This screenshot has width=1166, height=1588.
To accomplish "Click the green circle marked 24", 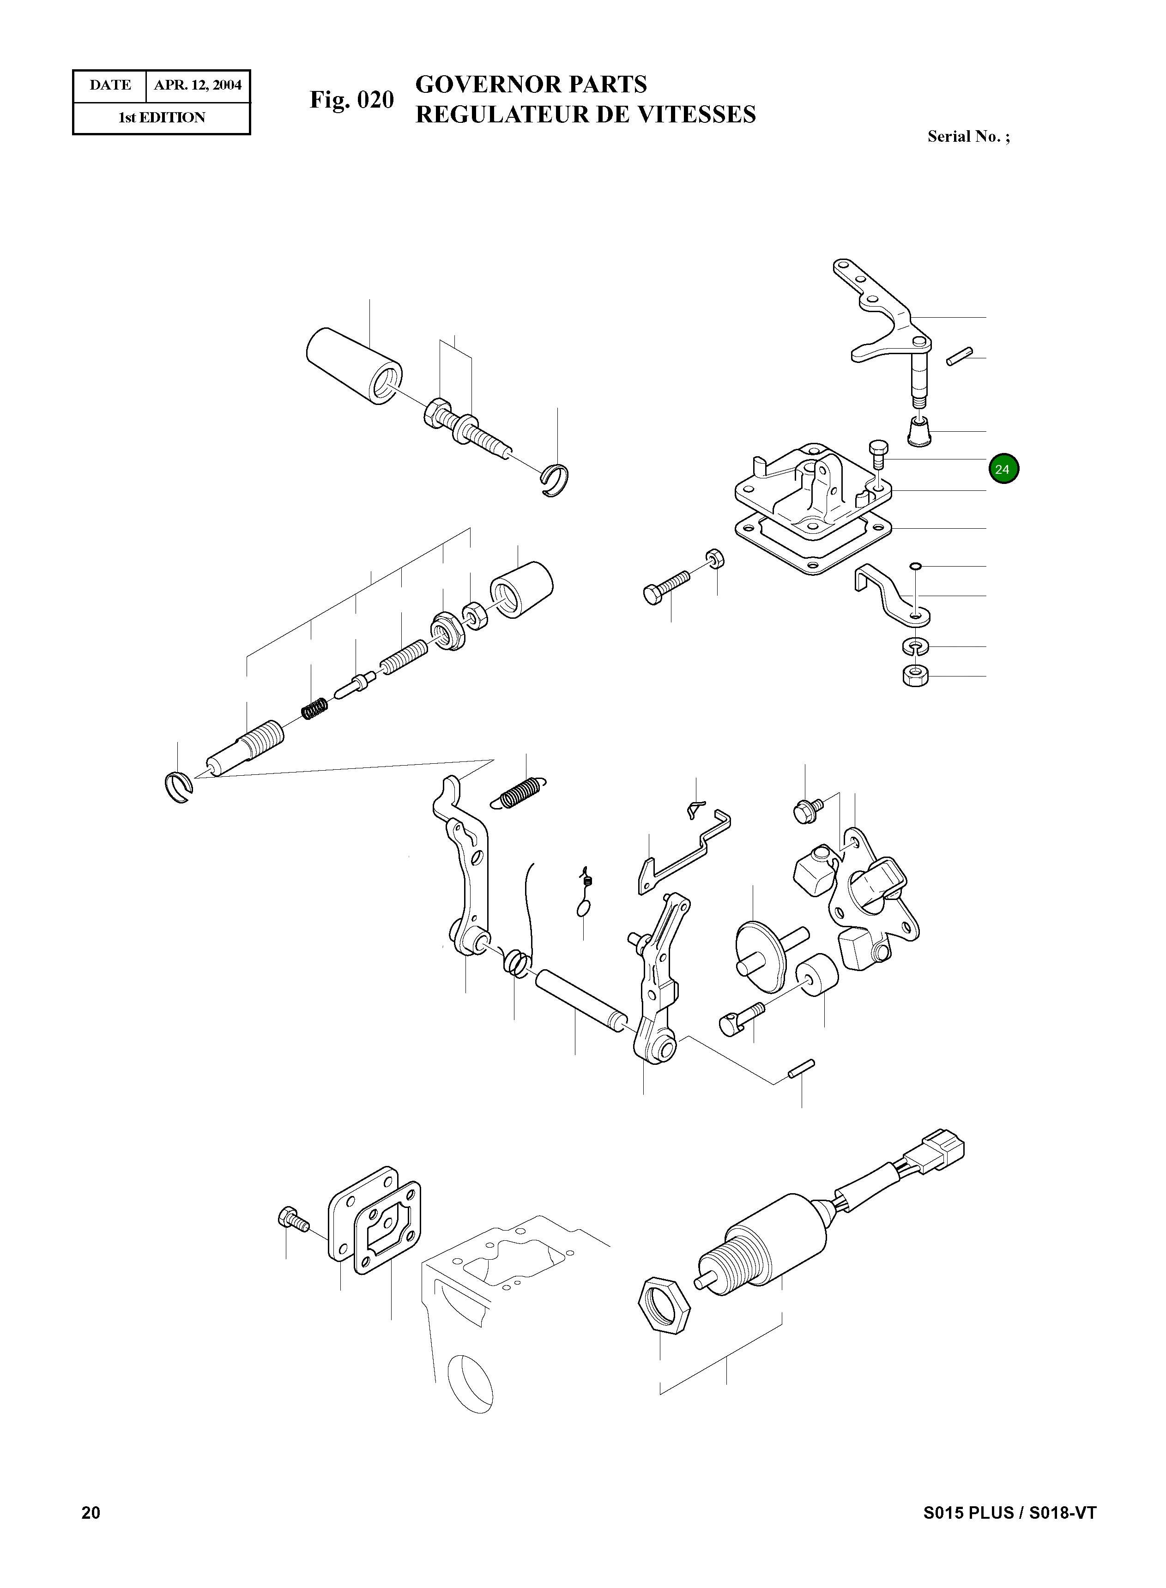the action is coord(1003,469).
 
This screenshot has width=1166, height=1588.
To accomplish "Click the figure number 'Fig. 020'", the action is coord(351,100).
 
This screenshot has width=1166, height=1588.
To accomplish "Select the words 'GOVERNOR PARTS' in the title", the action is coord(531,85).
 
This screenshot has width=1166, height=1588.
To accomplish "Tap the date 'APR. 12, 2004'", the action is coord(198,85).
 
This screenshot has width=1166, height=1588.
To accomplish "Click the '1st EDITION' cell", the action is coord(162,118).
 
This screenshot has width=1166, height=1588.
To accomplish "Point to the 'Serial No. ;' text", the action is coord(968,137).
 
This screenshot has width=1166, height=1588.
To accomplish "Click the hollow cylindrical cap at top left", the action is coord(354,366).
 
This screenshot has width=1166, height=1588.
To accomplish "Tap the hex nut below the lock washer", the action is coord(915,676).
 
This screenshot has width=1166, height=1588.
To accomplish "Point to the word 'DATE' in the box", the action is coord(110,85).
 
